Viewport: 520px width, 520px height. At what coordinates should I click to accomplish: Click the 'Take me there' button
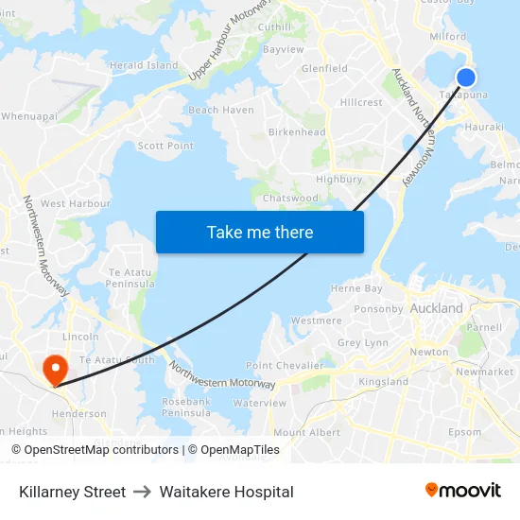pyautogui.click(x=260, y=232)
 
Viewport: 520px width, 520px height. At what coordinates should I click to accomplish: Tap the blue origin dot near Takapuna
pyautogui.click(x=465, y=78)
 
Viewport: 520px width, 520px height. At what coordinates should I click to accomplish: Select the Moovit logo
pyautogui.click(x=463, y=491)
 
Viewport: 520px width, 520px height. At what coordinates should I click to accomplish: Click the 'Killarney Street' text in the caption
pyautogui.click(x=72, y=492)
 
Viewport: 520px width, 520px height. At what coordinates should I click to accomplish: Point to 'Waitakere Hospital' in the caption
pyautogui.click(x=226, y=492)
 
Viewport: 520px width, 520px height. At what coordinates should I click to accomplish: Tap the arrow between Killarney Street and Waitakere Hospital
pyautogui.click(x=143, y=492)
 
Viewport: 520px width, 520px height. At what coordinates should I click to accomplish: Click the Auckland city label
pyautogui.click(x=437, y=308)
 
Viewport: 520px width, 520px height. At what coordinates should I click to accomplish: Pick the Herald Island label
pyautogui.click(x=144, y=65)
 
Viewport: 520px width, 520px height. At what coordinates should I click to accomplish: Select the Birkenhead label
pyautogui.click(x=297, y=132)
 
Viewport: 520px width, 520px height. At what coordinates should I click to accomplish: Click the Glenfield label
pyautogui.click(x=324, y=68)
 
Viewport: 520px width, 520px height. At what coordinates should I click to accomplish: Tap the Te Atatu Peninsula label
pyautogui.click(x=130, y=277)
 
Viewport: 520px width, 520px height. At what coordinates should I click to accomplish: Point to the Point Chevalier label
pyautogui.click(x=285, y=365)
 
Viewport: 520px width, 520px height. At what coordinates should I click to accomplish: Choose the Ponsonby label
pyautogui.click(x=378, y=308)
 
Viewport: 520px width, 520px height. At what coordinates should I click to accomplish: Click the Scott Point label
pyautogui.click(x=165, y=146)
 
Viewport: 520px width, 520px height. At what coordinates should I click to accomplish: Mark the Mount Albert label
pyautogui.click(x=306, y=432)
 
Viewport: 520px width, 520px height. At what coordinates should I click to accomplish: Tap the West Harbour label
pyautogui.click(x=76, y=203)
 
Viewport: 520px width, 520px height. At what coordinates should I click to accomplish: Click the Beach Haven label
pyautogui.click(x=221, y=110)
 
